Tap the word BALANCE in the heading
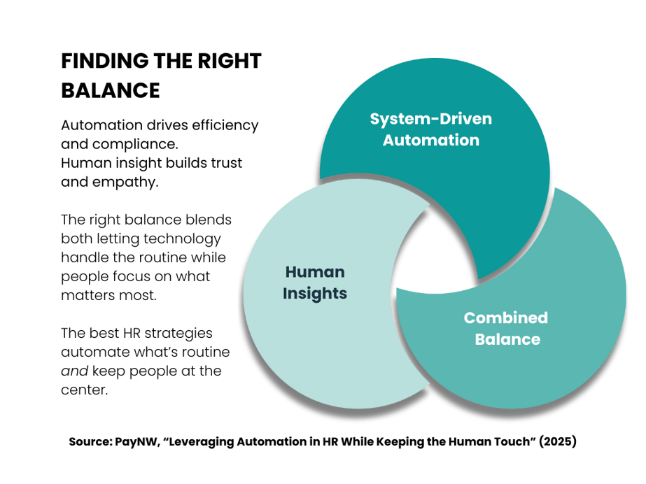point(111,91)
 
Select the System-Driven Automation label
point(430,129)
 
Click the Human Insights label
point(314,283)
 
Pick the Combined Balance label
point(505,328)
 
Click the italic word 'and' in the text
point(73,371)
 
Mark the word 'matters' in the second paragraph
point(87,295)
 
